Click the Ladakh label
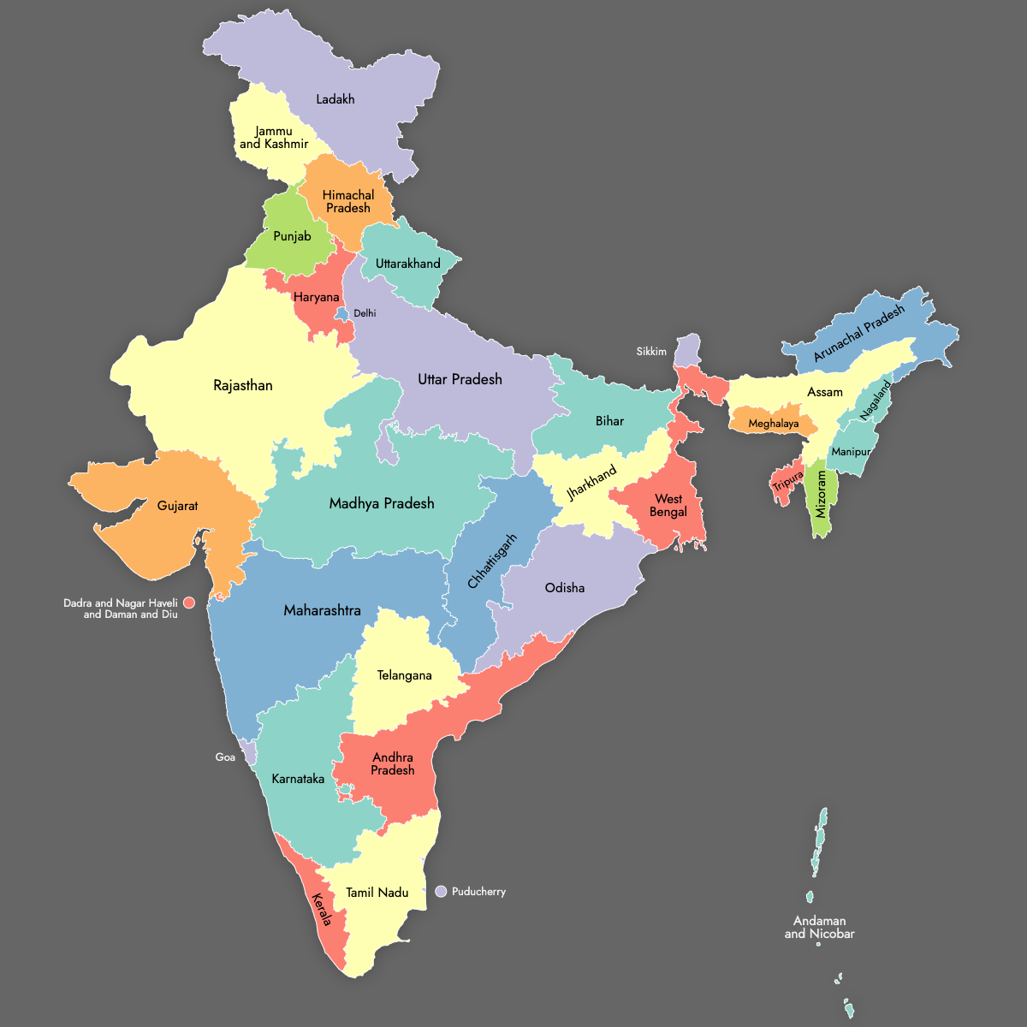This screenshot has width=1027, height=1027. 335,99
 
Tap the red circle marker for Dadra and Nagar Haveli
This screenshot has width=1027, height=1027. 189,603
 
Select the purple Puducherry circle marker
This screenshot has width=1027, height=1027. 442,891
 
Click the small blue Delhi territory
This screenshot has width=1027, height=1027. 342,314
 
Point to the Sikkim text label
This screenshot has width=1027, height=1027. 651,352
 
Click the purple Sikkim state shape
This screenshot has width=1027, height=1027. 686,351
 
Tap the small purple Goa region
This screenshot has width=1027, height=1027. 248,752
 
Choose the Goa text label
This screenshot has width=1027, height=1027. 225,757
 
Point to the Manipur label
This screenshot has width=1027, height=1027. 851,452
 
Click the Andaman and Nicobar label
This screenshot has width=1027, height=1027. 819,928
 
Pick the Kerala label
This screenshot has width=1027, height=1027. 322,910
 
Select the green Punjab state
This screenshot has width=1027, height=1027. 291,236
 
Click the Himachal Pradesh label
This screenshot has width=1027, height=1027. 348,202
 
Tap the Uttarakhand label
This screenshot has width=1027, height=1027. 408,264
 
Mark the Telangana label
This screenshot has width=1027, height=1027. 404,675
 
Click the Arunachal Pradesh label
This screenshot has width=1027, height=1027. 858,334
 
